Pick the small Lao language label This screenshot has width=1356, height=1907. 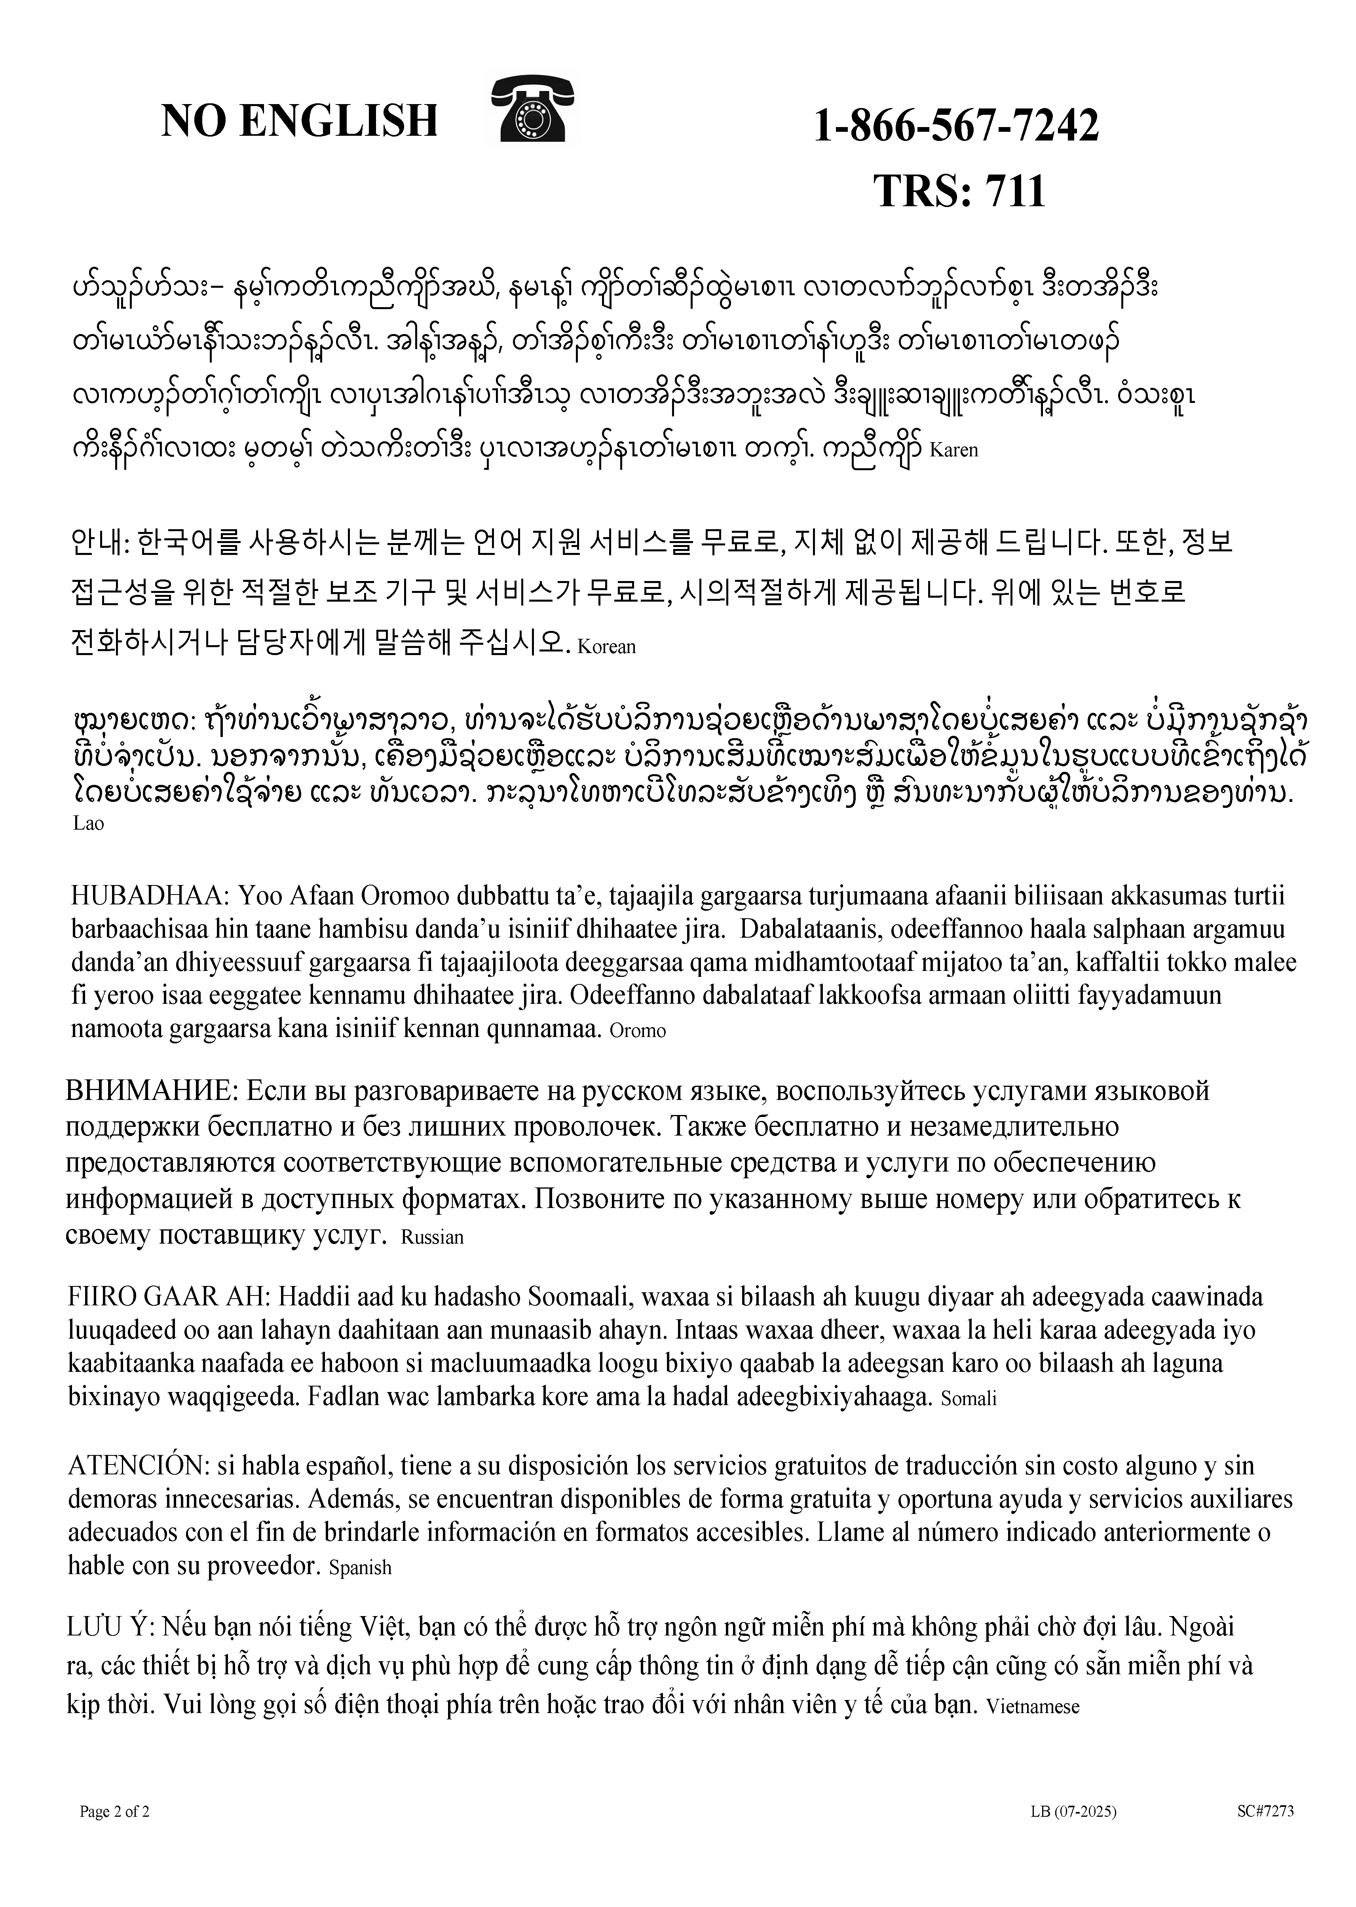(x=89, y=824)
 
